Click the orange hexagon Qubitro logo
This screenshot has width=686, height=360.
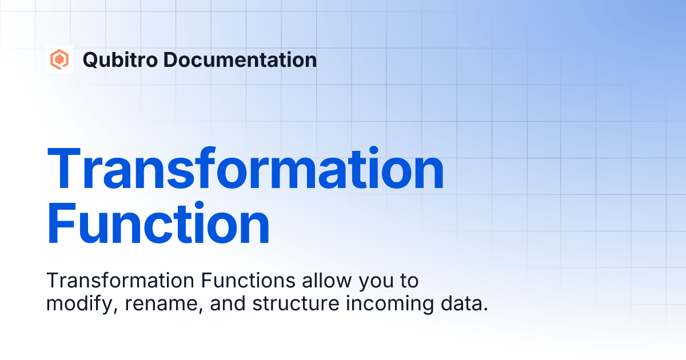59,59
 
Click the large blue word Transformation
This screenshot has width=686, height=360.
245,169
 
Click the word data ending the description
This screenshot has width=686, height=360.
466,304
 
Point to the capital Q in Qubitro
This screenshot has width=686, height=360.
90,59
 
